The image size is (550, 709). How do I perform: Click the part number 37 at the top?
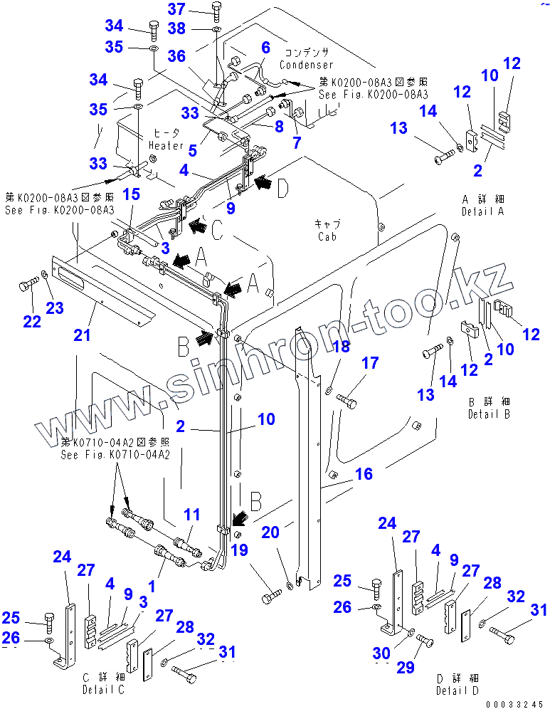(176, 9)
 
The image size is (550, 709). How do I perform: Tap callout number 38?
(176, 28)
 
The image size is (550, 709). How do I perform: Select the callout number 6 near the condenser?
(265, 48)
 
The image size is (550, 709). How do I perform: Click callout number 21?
(83, 334)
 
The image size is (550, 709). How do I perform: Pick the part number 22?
(31, 322)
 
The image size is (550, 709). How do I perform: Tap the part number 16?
(364, 473)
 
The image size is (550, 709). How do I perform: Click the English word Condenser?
(306, 65)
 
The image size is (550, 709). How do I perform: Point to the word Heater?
(166, 146)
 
